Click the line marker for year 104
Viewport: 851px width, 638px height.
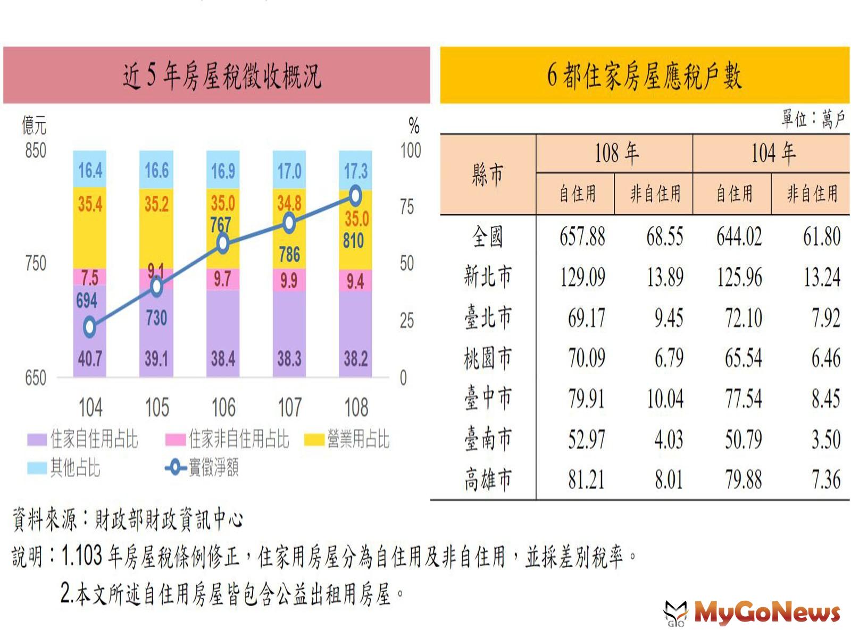[90, 326]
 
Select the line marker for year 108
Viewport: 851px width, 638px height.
[355, 196]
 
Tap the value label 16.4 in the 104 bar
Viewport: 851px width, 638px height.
[90, 171]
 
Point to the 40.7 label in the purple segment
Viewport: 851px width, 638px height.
[90, 359]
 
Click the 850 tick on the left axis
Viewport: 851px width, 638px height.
[36, 150]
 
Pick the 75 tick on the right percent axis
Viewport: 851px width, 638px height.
[407, 207]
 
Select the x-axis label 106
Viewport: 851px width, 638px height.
[223, 408]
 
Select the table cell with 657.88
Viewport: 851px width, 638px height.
[582, 237]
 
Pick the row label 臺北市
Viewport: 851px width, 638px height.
[488, 317]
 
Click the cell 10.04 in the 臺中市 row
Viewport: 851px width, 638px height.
[665, 399]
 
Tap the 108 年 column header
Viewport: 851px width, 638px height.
[616, 154]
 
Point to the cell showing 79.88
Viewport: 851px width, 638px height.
[743, 480]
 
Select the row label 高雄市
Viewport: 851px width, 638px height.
[488, 480]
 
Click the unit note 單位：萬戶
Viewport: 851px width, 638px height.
[812, 119]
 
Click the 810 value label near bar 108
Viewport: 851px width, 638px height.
[353, 241]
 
